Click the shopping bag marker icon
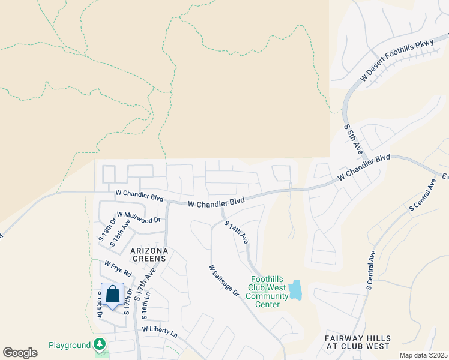click(x=112, y=295)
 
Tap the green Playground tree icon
click(x=100, y=345)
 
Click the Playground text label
click(x=70, y=346)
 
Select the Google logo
click(x=20, y=353)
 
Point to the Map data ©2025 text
click(x=423, y=355)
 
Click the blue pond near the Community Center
click(x=295, y=290)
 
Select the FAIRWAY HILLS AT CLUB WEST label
click(x=357, y=342)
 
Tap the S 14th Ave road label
click(x=237, y=232)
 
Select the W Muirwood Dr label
click(x=139, y=217)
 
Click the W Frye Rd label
click(x=118, y=268)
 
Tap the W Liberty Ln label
click(x=160, y=331)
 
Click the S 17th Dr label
click(x=128, y=302)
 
